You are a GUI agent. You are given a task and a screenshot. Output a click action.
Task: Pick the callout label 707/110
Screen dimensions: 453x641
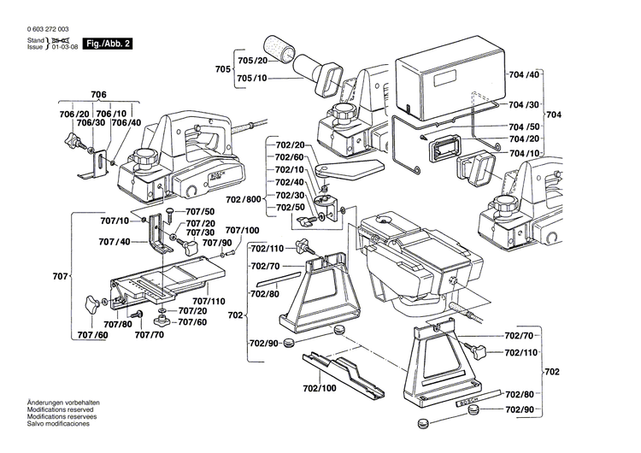[x=209, y=302]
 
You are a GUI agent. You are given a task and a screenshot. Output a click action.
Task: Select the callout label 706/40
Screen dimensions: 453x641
[x=126, y=123]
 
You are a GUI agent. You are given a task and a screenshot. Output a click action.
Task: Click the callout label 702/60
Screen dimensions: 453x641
[x=290, y=157]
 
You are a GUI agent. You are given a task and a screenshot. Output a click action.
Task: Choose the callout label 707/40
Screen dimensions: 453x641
[x=113, y=242]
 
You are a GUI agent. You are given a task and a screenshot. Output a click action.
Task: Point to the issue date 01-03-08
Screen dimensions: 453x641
[x=68, y=47]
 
